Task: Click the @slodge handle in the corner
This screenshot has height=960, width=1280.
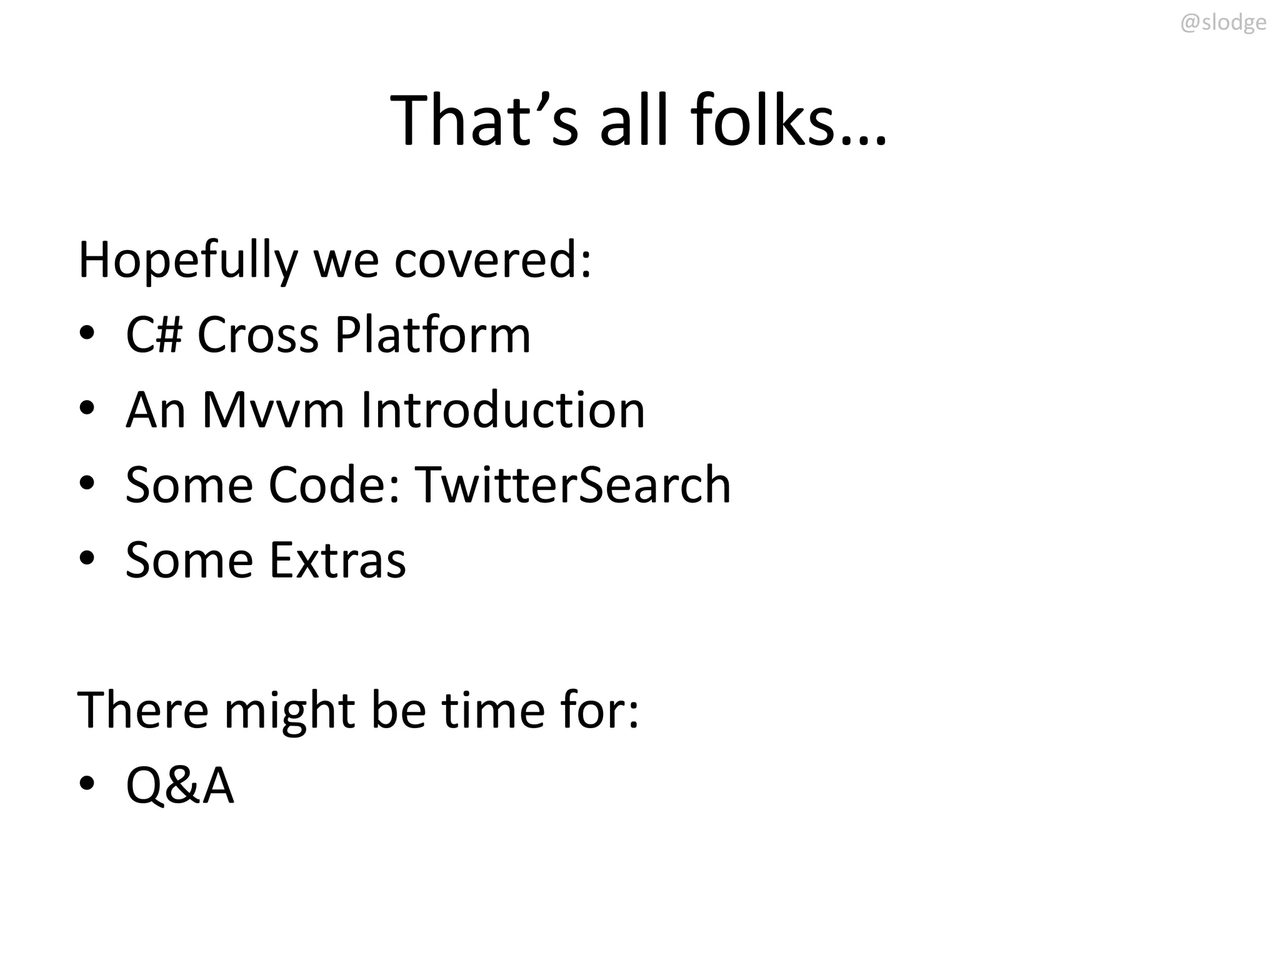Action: coord(1222,23)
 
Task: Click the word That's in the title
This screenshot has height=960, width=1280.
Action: coord(484,120)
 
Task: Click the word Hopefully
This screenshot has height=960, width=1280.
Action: coord(188,261)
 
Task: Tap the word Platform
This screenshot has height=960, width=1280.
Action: coord(432,335)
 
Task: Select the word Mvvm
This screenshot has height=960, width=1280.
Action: coord(273,410)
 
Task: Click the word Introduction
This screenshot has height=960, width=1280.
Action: coord(502,410)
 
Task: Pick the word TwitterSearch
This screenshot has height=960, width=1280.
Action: coord(572,485)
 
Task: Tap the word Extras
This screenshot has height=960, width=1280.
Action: coord(337,560)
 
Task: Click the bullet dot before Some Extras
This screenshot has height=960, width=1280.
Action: coord(87,557)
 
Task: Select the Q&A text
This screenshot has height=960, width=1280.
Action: coord(180,786)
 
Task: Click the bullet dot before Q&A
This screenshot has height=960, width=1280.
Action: coord(87,782)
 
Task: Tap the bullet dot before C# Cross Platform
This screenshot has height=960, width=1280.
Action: coord(87,332)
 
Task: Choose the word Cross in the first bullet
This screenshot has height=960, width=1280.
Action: coord(257,335)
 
